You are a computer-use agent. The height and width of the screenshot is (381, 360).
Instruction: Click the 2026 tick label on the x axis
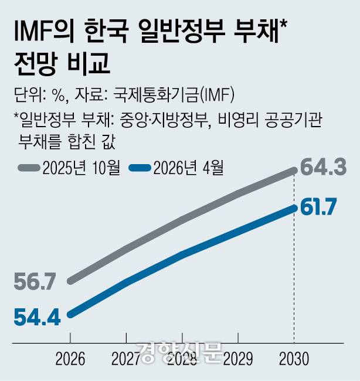tap(70, 358)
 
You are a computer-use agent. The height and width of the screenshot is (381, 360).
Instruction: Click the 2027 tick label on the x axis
tap(126, 358)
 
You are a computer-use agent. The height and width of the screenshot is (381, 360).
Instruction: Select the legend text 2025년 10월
tap(81, 168)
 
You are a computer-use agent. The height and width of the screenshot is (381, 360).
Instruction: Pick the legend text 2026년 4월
tap(189, 168)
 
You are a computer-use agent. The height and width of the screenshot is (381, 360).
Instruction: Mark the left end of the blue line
tap(70, 315)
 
